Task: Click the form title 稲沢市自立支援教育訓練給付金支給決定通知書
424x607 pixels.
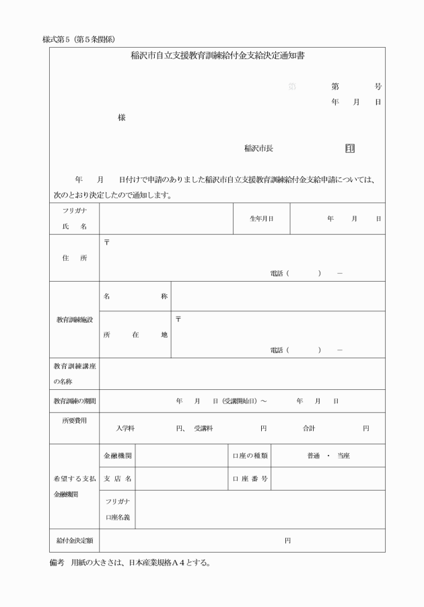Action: coord(217,56)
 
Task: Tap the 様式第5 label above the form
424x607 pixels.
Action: coord(56,39)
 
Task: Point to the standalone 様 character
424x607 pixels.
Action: coord(122,117)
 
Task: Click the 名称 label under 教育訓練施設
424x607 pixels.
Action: coord(135,296)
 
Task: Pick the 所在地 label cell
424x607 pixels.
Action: coord(135,335)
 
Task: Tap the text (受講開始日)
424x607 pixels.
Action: coord(236,401)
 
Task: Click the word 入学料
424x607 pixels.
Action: coord(126,428)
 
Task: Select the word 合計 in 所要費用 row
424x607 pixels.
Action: coord(309,428)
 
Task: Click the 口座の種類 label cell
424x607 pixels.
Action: coord(250,456)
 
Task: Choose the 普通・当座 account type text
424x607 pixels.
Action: coord(328,456)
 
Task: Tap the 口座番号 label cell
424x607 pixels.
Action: coord(250,479)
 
